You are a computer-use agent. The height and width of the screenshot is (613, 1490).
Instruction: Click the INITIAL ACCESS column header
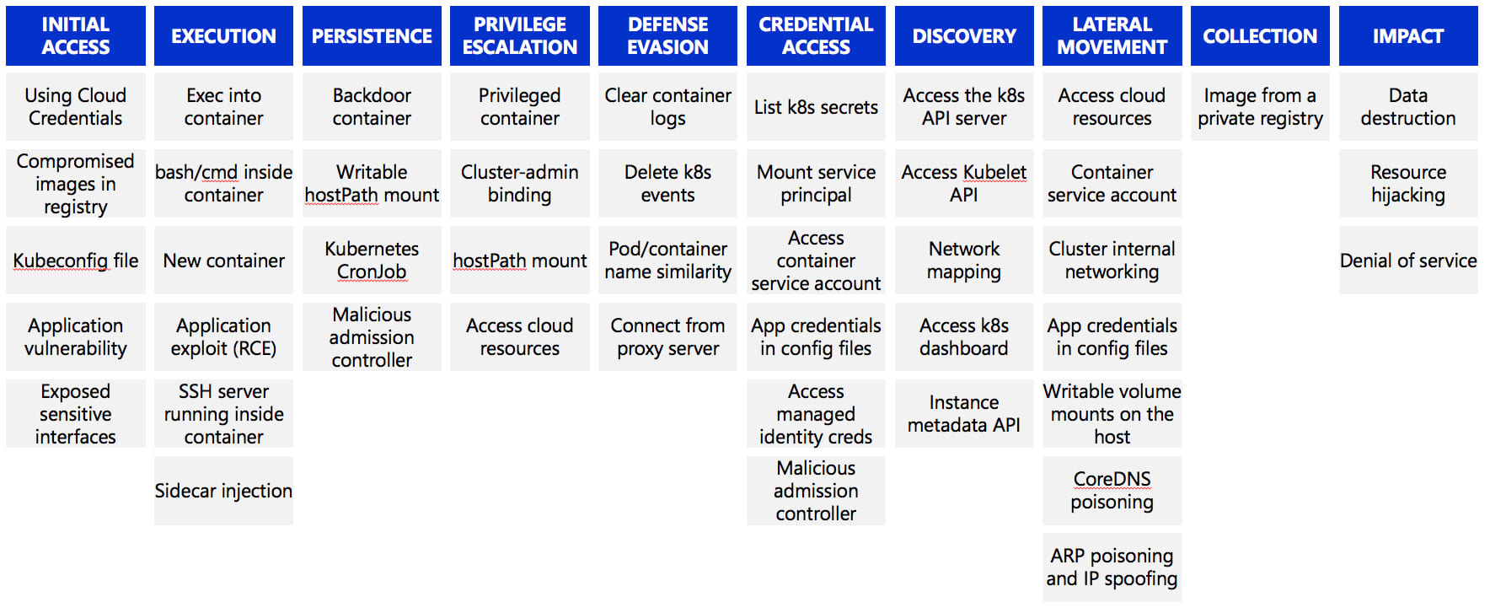[76, 35]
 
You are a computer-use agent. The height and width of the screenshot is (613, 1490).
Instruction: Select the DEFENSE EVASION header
[667, 35]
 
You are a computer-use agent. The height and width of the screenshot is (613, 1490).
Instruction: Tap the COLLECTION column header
[1260, 35]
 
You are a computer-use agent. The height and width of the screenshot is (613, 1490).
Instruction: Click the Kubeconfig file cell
[76, 261]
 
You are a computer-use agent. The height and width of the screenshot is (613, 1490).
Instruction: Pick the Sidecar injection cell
[223, 491]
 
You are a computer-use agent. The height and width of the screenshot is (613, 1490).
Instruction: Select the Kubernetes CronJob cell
[372, 261]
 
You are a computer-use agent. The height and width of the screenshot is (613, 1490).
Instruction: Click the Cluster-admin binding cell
[520, 184]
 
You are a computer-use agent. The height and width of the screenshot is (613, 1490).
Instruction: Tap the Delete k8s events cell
[667, 184]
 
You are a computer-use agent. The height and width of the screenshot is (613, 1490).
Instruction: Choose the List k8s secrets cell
[816, 107]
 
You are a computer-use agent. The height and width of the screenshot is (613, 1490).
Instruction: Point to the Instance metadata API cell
[964, 413]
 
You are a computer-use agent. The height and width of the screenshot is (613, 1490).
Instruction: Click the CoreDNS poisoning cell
[1112, 491]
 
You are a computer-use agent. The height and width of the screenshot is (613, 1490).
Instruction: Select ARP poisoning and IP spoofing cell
[1112, 567]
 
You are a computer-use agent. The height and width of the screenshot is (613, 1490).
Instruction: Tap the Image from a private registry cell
[1260, 107]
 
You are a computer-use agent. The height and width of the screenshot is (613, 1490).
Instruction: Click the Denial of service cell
[1408, 261]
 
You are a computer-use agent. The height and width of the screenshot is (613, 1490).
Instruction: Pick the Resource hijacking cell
[1408, 184]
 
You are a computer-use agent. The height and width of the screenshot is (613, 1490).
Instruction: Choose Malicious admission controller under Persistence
[372, 337]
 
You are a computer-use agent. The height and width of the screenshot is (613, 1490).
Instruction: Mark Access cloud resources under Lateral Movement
[1112, 107]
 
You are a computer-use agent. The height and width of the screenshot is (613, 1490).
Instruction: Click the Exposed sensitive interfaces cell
[76, 413]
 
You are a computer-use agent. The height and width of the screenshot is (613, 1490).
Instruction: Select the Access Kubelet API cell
[964, 184]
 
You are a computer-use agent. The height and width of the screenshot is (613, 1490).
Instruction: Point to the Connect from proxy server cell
[667, 337]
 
